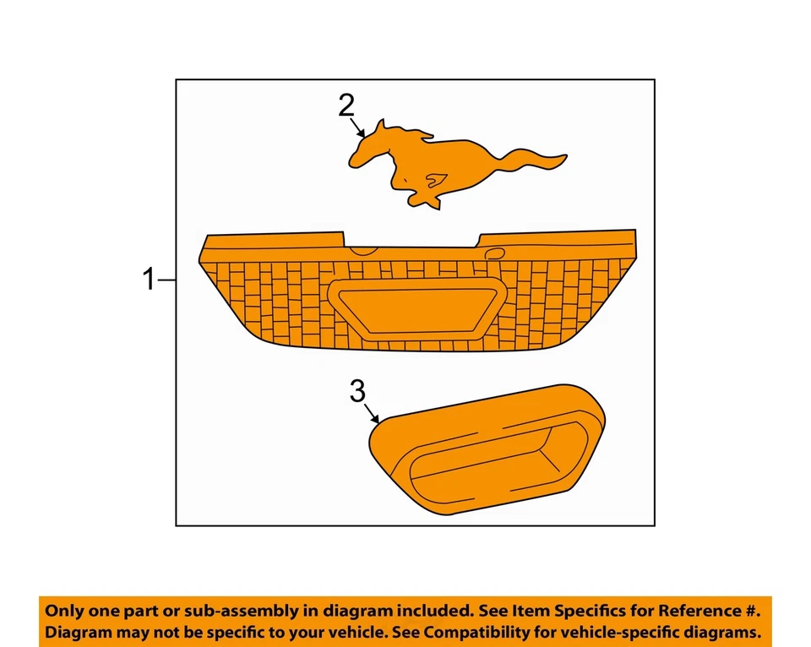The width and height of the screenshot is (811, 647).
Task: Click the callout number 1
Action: point(150,279)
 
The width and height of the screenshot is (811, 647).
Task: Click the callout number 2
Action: point(346,106)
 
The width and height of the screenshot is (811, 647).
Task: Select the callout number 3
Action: point(358,391)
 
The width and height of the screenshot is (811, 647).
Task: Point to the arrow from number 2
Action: point(357,128)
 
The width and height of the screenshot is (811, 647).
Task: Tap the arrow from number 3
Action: point(373,413)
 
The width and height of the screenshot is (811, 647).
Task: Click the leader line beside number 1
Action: point(167,279)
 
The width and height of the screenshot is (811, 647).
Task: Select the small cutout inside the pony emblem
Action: point(437,178)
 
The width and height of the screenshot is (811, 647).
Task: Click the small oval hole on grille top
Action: point(496,253)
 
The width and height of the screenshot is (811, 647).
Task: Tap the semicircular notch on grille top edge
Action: point(363,249)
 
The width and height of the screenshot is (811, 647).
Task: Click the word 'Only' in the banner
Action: point(64,611)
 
